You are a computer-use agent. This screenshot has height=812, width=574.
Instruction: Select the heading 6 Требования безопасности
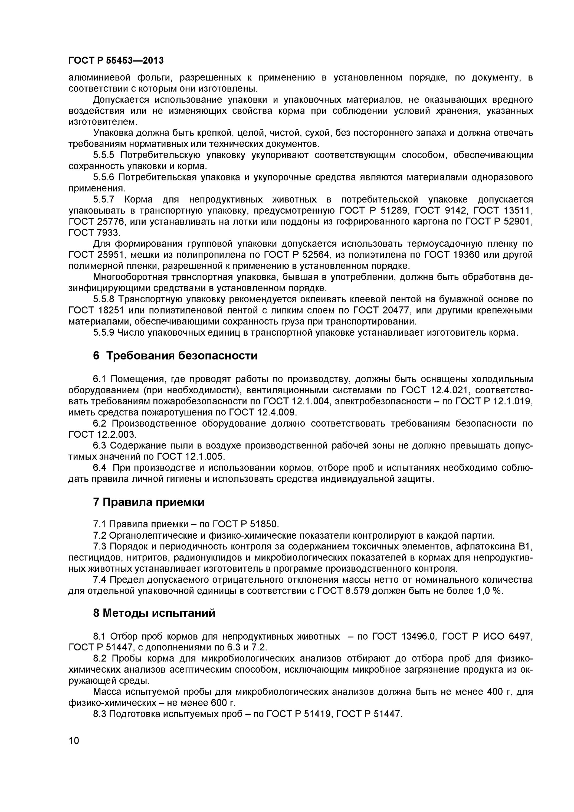pyautogui.click(x=175, y=355)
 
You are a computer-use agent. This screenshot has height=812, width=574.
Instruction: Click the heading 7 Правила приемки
pyautogui.click(x=149, y=502)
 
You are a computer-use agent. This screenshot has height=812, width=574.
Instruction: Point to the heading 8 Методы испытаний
pyautogui.click(x=154, y=613)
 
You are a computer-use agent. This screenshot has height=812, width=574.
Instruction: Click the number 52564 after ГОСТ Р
pyautogui.click(x=315, y=255)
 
